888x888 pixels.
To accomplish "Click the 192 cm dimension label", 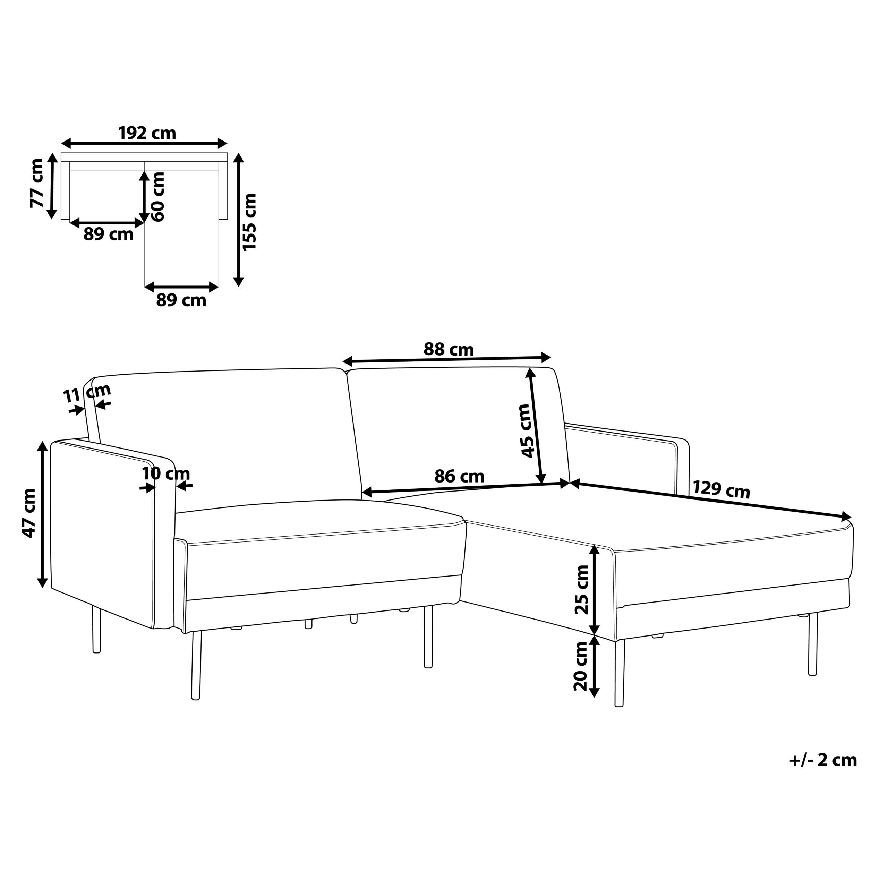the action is click(x=147, y=133).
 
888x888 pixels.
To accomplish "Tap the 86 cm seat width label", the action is click(x=459, y=477).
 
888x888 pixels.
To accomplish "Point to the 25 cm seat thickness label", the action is click(x=582, y=590).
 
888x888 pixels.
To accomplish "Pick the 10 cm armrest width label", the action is click(x=166, y=473).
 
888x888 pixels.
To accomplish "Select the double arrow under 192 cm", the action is click(x=144, y=143).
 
